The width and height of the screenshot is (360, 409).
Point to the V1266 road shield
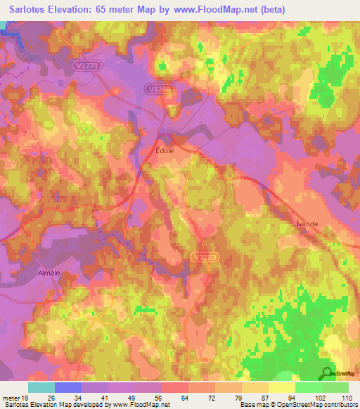(x=160, y=89)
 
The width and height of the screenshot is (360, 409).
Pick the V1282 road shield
(x=199, y=257)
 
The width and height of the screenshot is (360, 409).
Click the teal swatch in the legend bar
(x=41, y=387)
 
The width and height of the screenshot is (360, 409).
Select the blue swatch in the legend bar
(x=67, y=387)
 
